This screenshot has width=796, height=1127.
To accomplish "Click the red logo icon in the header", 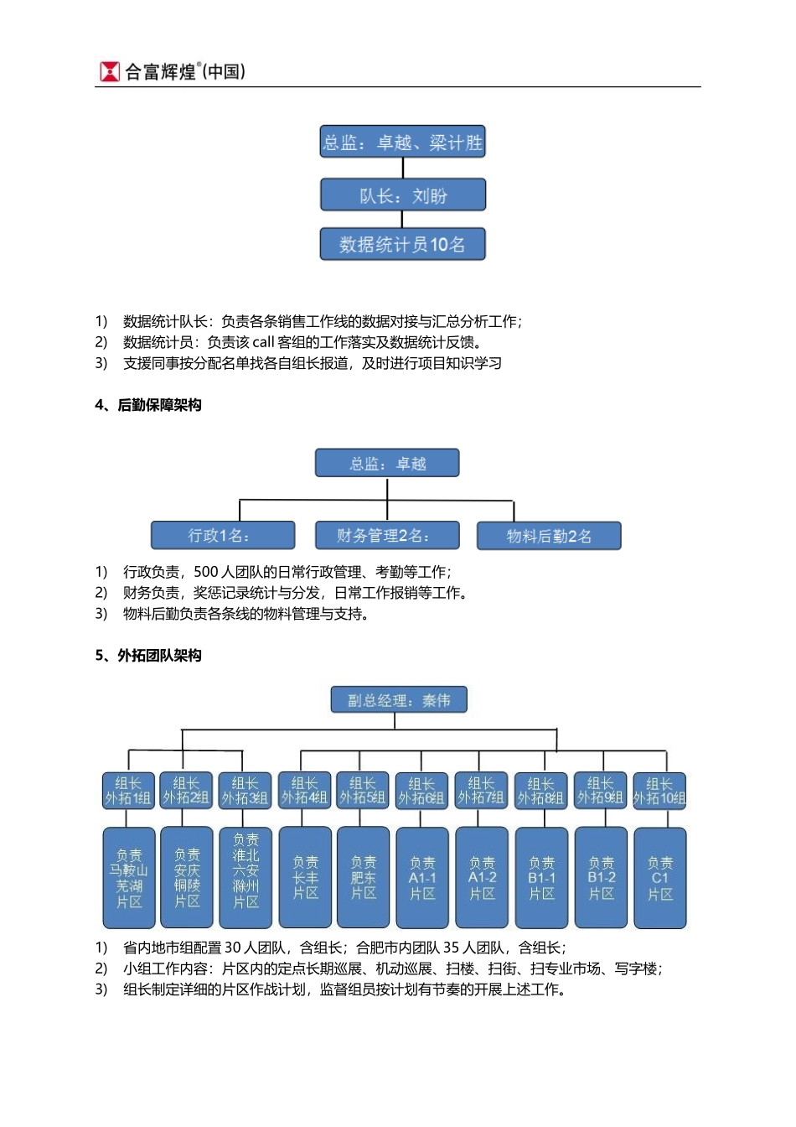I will tap(109, 71).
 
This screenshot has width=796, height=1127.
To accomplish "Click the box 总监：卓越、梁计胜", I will tap(402, 143).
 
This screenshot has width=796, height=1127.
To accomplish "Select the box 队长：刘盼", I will tap(402, 195).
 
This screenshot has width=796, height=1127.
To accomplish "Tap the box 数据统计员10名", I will tap(402, 244).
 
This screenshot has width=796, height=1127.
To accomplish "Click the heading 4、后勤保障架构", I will tap(148, 405).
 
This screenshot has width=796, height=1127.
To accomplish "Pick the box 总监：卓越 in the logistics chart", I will tap(387, 463).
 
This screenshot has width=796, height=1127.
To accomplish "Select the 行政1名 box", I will tap(223, 535).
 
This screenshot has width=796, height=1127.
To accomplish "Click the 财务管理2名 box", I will tap(386, 535).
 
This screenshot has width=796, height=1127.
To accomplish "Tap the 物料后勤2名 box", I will tap(549, 536).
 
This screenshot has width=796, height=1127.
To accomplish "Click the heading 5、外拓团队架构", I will tap(148, 655).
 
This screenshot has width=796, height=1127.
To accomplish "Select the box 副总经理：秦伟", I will tap(399, 700).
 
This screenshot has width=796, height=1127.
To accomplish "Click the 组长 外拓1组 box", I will tap(128, 791).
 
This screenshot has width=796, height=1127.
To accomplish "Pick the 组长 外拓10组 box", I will tap(659, 791).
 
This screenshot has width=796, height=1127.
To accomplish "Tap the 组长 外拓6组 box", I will tap(421, 791).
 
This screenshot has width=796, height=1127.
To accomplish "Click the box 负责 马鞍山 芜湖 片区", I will tap(128, 878).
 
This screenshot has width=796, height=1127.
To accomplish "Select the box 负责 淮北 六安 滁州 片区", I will tap(246, 878).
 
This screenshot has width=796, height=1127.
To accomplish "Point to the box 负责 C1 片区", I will tap(660, 878).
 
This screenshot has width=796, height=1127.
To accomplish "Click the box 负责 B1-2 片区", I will tap(601, 878).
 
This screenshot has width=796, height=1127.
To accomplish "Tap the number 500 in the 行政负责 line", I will tap(205, 572).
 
